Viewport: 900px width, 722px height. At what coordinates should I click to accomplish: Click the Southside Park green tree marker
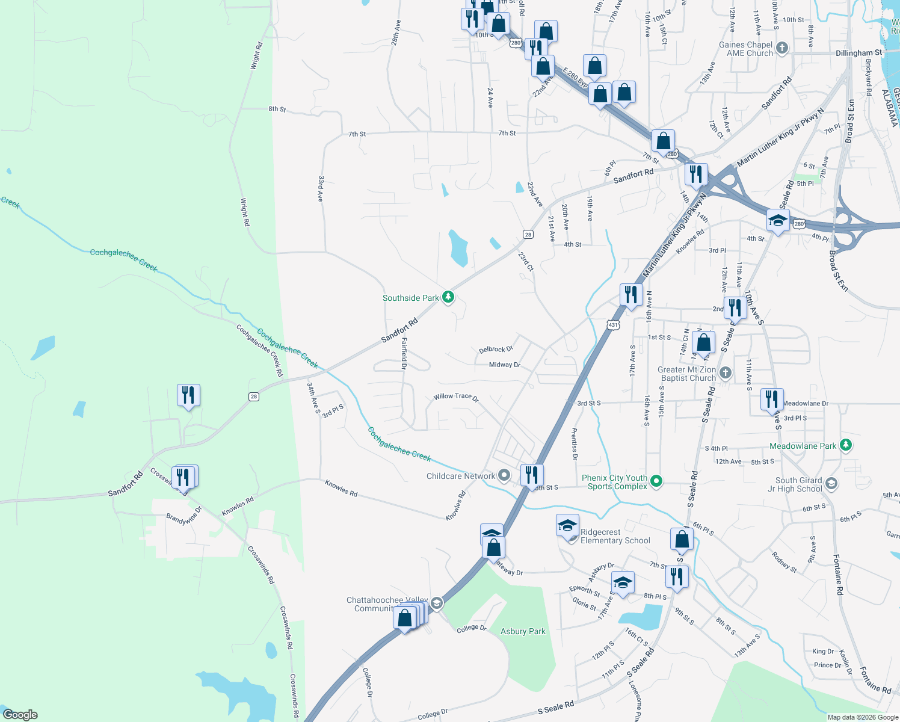448,297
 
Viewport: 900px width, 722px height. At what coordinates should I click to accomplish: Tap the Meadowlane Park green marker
846,445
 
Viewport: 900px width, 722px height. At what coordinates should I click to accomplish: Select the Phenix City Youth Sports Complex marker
657,481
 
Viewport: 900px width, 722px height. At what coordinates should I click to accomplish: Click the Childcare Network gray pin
504,476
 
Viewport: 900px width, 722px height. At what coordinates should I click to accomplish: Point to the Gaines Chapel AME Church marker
781,48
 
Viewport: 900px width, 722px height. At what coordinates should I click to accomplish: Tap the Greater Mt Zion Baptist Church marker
726,373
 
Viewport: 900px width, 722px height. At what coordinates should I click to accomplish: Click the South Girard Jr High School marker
831,484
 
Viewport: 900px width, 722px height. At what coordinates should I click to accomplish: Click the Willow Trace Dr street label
455,396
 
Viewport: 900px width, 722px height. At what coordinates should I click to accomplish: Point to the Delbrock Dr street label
496,349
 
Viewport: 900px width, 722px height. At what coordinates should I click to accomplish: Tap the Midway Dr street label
504,365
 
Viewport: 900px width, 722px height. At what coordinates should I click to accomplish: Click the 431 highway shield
612,325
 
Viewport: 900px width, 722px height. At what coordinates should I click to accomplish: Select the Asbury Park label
523,631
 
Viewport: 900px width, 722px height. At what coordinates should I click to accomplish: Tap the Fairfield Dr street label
404,353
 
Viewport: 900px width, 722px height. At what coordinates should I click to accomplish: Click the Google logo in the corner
20,715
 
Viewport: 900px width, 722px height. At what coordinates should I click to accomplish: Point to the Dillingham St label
858,53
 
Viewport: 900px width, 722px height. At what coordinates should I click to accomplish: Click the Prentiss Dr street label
575,444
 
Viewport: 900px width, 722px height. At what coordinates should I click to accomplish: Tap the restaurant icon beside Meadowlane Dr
772,400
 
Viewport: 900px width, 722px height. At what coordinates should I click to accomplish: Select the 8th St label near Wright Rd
277,109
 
